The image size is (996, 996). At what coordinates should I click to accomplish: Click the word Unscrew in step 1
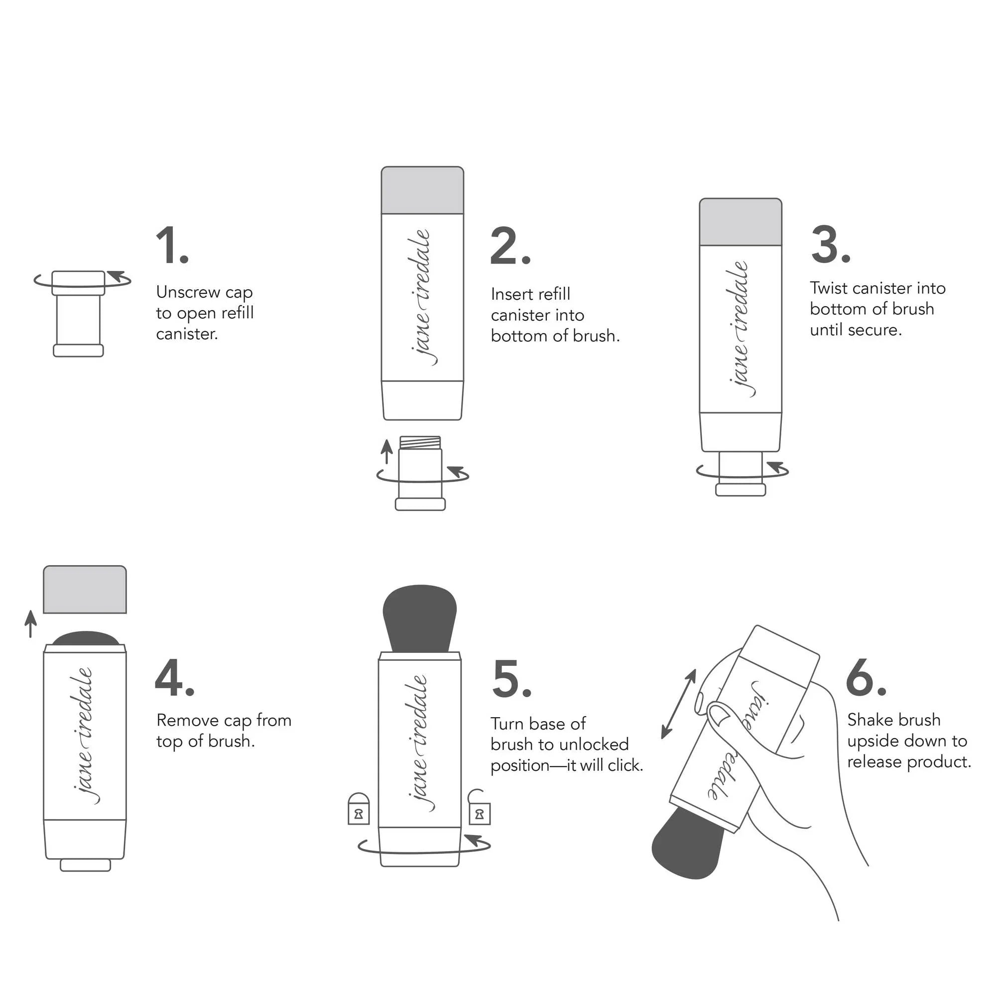tap(188, 292)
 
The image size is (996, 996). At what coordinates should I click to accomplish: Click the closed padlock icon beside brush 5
tap(358, 809)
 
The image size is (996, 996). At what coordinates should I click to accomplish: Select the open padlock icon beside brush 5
tap(479, 808)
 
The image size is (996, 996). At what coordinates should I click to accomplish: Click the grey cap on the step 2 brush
tap(422, 190)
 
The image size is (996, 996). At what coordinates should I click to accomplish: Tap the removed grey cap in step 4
tap(85, 590)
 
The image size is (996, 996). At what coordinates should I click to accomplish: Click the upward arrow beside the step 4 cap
tap(31, 623)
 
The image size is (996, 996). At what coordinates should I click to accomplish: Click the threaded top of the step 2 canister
tap(420, 442)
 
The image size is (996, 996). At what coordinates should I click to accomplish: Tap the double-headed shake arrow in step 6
tap(678, 704)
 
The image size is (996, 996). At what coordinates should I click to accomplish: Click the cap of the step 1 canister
tap(78, 282)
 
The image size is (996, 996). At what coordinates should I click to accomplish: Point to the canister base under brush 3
tap(741, 489)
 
